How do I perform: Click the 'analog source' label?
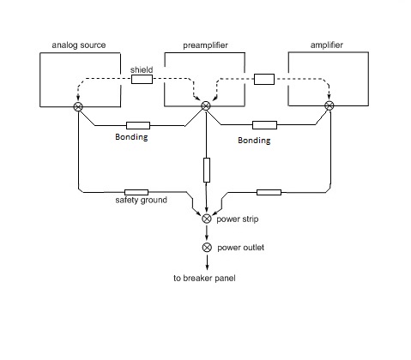click(x=79, y=45)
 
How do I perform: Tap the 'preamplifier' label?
click(x=205, y=45)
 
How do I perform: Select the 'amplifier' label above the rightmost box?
click(x=327, y=45)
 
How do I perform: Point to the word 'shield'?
click(x=142, y=69)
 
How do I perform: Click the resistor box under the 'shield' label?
click(x=142, y=79)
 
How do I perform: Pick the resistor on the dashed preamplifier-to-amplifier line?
click(x=264, y=79)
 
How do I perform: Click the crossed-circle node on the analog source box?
click(x=78, y=107)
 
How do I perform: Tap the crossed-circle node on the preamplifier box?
click(x=206, y=106)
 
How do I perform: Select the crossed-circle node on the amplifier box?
click(x=329, y=105)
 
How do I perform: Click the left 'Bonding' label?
click(x=131, y=137)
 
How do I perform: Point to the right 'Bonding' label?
click(x=254, y=141)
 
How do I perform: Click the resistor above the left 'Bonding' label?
click(x=138, y=125)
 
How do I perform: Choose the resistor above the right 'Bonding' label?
click(x=264, y=125)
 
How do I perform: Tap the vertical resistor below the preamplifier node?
click(x=207, y=170)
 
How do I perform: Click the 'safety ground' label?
click(x=142, y=200)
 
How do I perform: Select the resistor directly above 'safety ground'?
click(x=136, y=192)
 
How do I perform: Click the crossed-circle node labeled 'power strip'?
click(x=207, y=219)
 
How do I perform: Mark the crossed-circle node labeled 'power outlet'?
click(x=207, y=248)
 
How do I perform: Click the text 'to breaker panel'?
click(x=204, y=278)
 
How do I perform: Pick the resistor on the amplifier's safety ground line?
click(x=269, y=192)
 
